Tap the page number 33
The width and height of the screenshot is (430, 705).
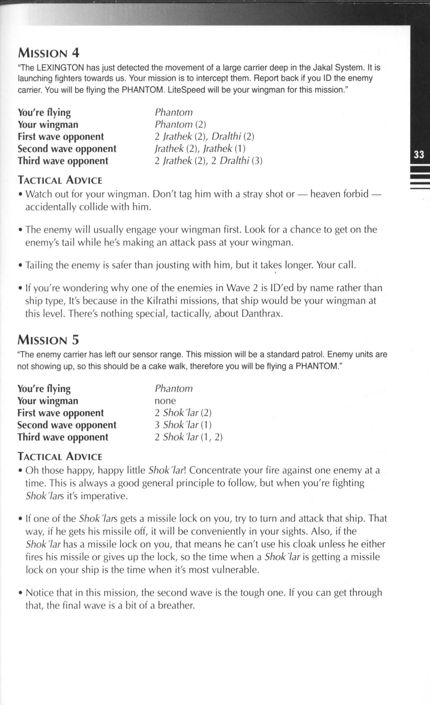419,155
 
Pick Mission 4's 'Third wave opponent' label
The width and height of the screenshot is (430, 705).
63,161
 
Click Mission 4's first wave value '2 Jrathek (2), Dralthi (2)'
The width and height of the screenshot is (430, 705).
204,136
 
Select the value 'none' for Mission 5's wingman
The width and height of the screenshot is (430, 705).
165,401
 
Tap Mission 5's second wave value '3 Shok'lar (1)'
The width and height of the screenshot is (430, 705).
183,425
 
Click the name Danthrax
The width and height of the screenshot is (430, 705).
261,314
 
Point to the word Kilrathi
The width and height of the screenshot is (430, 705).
164,301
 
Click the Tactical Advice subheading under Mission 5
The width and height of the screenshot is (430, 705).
60,456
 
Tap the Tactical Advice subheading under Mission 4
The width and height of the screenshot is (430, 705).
60,180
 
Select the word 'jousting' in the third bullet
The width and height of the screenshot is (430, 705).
173,265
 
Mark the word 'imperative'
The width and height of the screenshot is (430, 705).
104,496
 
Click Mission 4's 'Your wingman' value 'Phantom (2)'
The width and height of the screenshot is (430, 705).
180,125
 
